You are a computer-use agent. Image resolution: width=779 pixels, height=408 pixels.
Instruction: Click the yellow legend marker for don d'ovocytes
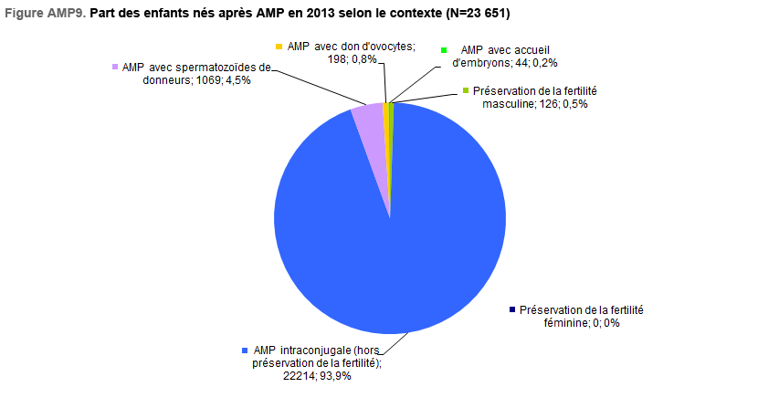coord(279,47)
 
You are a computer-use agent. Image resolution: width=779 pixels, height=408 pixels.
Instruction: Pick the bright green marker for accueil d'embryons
coord(444,50)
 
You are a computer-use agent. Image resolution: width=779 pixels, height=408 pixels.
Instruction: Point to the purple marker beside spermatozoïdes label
coord(115,67)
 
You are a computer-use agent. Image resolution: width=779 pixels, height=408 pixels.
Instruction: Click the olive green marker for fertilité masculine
coord(466,90)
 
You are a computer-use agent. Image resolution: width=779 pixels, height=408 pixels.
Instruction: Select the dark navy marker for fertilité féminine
coord(512,309)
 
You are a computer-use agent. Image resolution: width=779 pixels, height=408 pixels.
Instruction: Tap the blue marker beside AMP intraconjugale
coord(245,350)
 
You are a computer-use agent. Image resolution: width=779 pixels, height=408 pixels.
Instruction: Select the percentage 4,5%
coord(238,80)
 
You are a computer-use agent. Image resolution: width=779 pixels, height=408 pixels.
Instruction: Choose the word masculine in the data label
coord(509,104)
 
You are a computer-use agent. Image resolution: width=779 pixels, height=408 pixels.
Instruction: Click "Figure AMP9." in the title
coord(46,14)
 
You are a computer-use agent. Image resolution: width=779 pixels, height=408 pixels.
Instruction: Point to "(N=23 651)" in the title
coord(478,14)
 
